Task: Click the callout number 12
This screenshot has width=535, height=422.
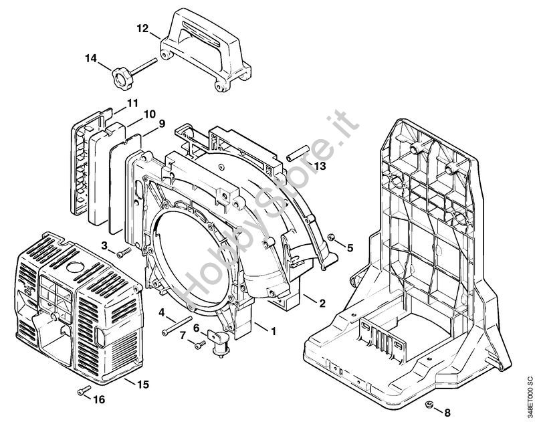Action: click(x=141, y=29)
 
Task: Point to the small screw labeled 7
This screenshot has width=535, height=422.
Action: click(x=199, y=344)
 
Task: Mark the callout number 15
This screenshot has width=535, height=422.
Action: click(x=143, y=385)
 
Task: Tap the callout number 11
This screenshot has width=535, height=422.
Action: click(x=132, y=102)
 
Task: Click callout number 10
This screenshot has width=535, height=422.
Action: click(x=148, y=113)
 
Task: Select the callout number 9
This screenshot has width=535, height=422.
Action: click(x=163, y=123)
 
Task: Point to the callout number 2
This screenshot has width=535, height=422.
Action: click(x=322, y=303)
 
